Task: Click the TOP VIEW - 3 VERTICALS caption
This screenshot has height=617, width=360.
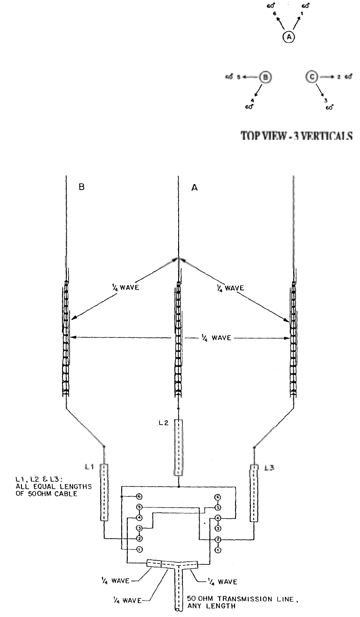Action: point(296,136)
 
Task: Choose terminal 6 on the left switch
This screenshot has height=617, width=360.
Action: point(139,497)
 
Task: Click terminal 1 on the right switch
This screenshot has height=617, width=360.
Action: point(218,550)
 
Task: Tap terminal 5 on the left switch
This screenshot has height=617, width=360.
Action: point(139,507)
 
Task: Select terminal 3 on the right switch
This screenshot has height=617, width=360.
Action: point(218,528)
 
